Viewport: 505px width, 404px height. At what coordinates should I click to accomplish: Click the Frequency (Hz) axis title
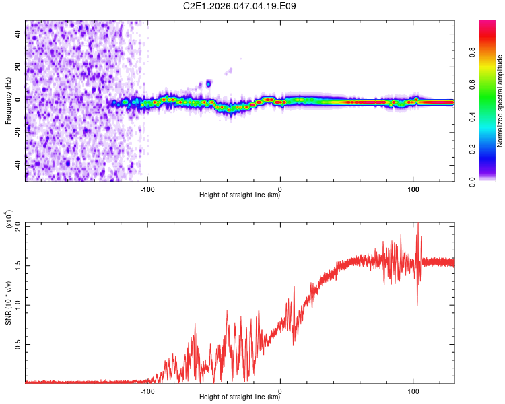7,101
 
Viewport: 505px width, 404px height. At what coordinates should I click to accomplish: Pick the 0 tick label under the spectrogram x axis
280,188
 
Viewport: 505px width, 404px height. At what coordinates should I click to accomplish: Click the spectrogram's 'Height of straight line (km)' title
240,195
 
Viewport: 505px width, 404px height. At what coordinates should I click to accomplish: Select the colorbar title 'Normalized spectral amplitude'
500,101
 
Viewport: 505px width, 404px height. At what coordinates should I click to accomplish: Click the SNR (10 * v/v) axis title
7,303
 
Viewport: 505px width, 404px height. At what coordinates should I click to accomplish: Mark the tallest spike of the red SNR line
418,226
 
